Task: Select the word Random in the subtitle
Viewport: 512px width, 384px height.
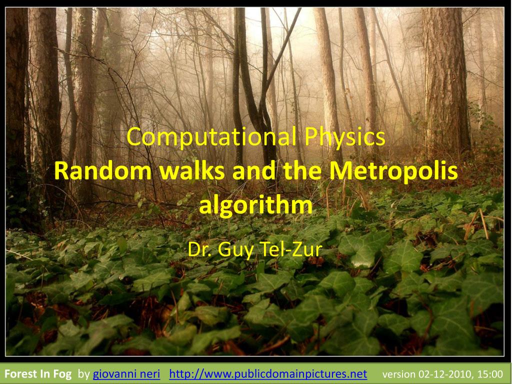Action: coord(102,171)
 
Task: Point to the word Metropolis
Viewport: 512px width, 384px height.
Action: coord(394,171)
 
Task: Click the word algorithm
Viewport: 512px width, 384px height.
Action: coord(255,205)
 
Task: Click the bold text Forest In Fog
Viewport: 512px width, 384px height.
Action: coord(38,374)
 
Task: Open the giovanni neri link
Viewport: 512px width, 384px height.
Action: coord(126,374)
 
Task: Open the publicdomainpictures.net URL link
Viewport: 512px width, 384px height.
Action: coord(268,374)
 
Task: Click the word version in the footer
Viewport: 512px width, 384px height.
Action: coord(398,374)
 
